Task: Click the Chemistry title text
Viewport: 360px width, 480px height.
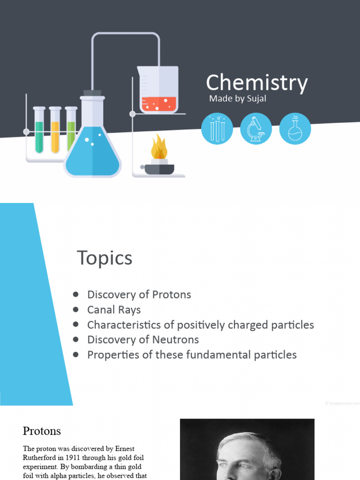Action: (x=257, y=83)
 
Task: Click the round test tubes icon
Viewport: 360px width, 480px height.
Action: (x=217, y=128)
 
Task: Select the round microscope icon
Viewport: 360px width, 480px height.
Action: (x=256, y=128)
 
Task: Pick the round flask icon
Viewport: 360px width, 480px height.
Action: (x=295, y=128)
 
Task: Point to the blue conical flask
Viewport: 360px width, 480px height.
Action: (x=92, y=150)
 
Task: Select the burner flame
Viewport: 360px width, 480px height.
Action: (x=159, y=148)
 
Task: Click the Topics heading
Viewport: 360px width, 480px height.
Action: (x=105, y=258)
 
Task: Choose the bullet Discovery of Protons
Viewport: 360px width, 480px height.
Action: (x=139, y=294)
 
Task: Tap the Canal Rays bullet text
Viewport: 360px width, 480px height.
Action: (x=114, y=309)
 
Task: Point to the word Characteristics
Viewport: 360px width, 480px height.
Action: (x=123, y=324)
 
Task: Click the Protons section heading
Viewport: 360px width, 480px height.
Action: (x=42, y=430)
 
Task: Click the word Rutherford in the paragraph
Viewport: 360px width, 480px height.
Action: (x=39, y=457)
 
